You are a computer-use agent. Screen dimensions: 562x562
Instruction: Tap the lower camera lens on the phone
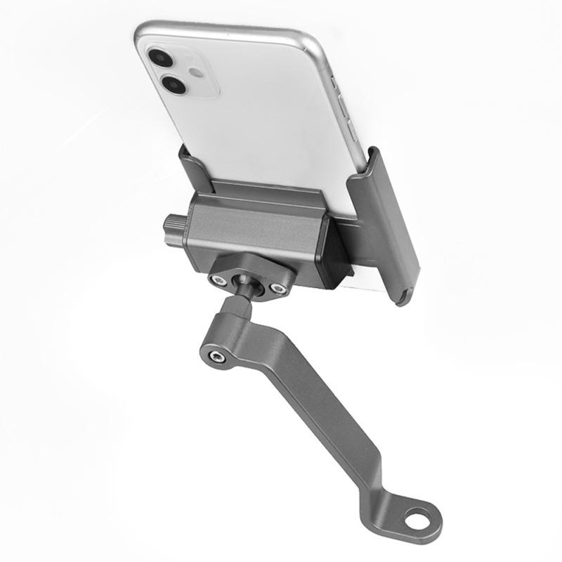coord(173,86)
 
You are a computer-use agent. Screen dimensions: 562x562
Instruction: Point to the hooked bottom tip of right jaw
coord(403,297)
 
